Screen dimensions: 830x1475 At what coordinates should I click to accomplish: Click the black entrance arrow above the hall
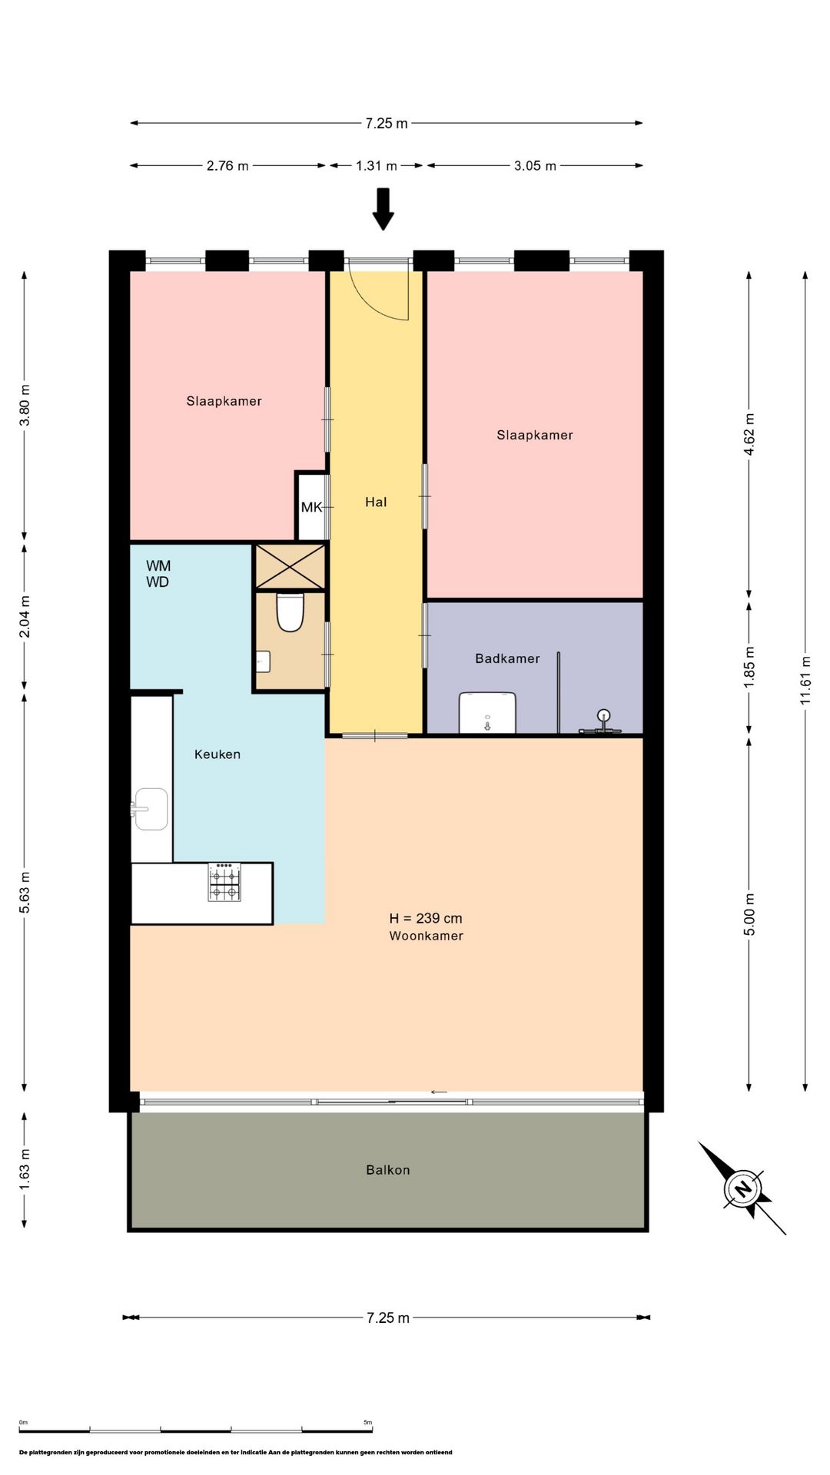pyautogui.click(x=383, y=209)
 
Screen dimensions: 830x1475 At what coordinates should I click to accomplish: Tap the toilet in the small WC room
pyautogui.click(x=290, y=612)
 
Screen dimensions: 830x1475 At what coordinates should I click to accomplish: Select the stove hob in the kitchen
pyautogui.click(x=224, y=881)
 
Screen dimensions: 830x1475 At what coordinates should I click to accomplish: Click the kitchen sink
pyautogui.click(x=150, y=808)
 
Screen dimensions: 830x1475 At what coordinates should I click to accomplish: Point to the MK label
pyautogui.click(x=311, y=507)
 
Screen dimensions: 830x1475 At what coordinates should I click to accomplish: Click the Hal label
pyautogui.click(x=376, y=502)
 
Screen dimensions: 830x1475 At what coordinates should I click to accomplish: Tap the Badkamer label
pyautogui.click(x=507, y=658)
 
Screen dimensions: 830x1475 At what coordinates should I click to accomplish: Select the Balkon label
pyautogui.click(x=388, y=1170)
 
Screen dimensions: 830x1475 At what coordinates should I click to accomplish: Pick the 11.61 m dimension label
pyautogui.click(x=805, y=681)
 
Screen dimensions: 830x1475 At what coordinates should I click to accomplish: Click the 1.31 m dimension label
pyautogui.click(x=377, y=165)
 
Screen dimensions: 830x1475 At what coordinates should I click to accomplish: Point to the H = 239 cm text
pyautogui.click(x=426, y=918)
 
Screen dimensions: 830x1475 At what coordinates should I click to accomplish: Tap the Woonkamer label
pyautogui.click(x=426, y=936)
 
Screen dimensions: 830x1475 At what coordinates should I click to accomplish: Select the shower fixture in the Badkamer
pyautogui.click(x=603, y=723)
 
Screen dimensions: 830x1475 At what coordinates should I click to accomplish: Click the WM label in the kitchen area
pyautogui.click(x=158, y=566)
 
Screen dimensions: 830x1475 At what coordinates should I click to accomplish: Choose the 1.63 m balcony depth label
pyautogui.click(x=25, y=1162)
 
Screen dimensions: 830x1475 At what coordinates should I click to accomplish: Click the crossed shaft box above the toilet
pyautogui.click(x=290, y=566)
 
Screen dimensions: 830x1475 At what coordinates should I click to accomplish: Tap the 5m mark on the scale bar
pyautogui.click(x=368, y=1422)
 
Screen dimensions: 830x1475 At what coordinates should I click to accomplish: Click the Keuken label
pyautogui.click(x=217, y=754)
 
